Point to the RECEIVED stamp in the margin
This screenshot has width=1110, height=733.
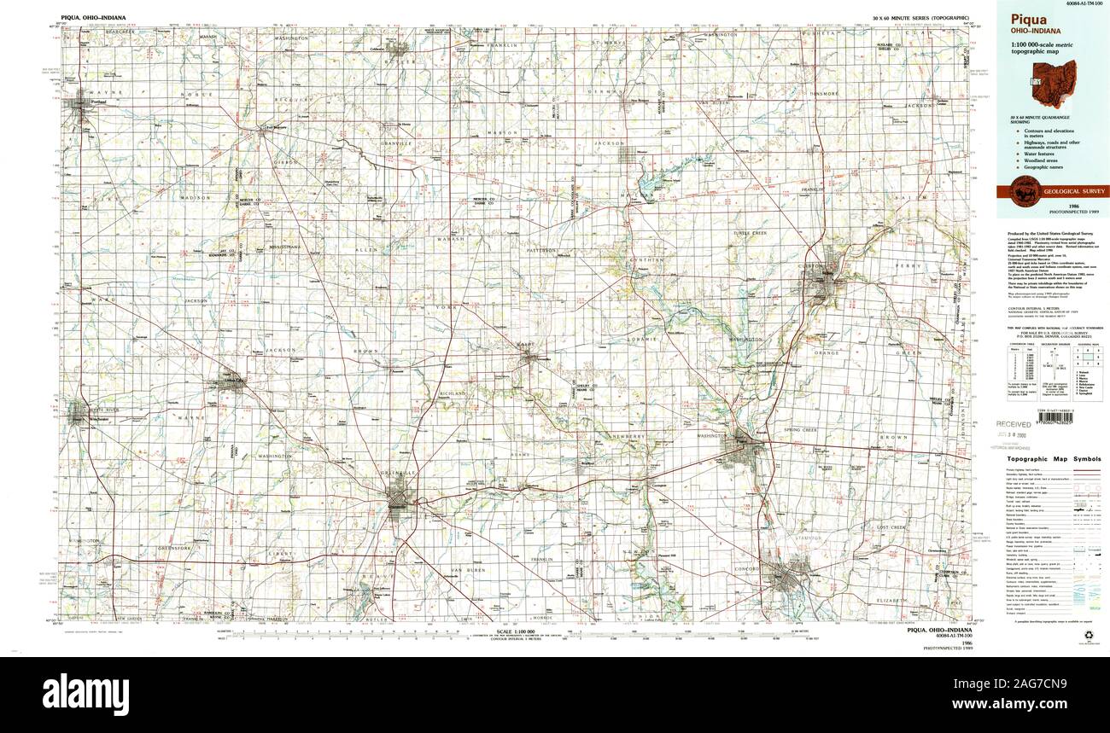click(x=1014, y=423)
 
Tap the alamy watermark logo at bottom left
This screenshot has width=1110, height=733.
click(x=85, y=689)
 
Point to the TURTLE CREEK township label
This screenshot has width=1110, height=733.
click(x=751, y=233)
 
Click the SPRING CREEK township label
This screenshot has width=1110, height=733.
click(x=799, y=430)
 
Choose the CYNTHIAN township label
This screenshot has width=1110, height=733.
click(x=648, y=259)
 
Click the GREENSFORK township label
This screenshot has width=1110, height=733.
click(x=175, y=547)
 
